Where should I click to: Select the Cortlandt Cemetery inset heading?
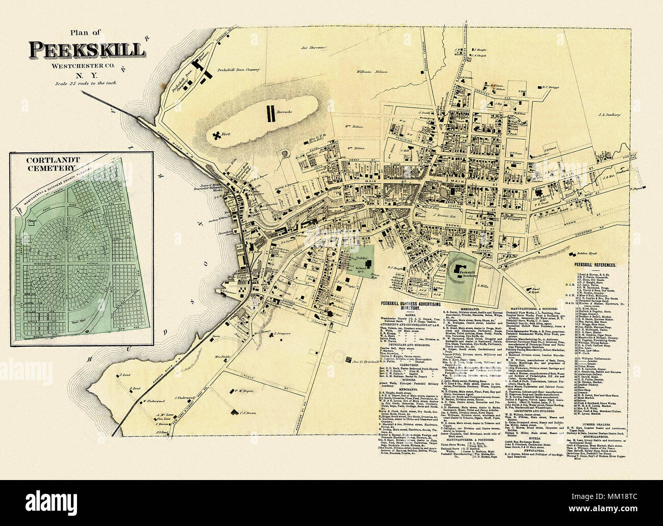47,163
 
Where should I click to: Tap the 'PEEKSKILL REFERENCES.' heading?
595,266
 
